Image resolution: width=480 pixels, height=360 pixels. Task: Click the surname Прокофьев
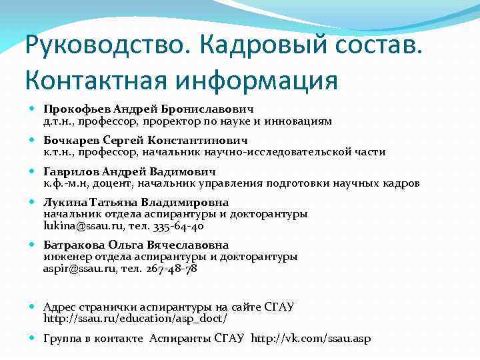tap(77, 109)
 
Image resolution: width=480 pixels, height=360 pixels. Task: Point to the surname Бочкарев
tap(71, 141)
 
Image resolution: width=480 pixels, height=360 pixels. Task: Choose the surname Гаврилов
tap(70, 171)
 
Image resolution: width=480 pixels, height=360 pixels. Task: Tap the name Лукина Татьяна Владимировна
tap(136, 203)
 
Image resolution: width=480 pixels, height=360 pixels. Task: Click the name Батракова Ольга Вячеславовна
tap(136, 245)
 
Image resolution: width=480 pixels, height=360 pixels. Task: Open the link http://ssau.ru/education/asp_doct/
tap(135, 319)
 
